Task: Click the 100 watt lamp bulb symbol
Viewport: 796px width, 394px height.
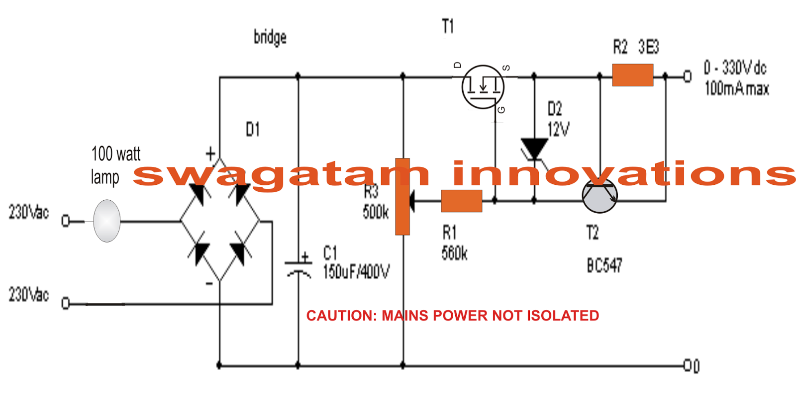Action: (x=106, y=221)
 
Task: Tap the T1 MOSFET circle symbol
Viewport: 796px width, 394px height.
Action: (x=483, y=87)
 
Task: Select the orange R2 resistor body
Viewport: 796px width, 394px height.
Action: (x=632, y=75)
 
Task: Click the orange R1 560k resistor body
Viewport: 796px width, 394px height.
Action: (x=461, y=201)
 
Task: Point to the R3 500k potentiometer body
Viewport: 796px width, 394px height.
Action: (x=402, y=197)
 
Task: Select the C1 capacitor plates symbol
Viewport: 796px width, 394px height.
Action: (x=298, y=267)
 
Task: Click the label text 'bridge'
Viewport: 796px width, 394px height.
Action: (x=270, y=37)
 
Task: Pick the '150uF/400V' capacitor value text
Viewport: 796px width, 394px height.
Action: (x=356, y=272)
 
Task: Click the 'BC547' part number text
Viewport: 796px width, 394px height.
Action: (x=604, y=266)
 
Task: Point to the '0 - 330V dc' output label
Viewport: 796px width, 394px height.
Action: (x=735, y=68)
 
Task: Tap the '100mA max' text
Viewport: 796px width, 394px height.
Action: (x=737, y=89)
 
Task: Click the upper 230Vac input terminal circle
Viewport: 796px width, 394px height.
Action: (x=65, y=221)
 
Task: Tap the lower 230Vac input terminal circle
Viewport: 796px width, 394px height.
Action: (x=65, y=303)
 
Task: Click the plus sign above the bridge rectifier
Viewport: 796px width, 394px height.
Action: (x=210, y=154)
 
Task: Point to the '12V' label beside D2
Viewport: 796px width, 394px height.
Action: (x=558, y=130)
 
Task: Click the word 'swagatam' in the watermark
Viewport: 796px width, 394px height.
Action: (x=281, y=174)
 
